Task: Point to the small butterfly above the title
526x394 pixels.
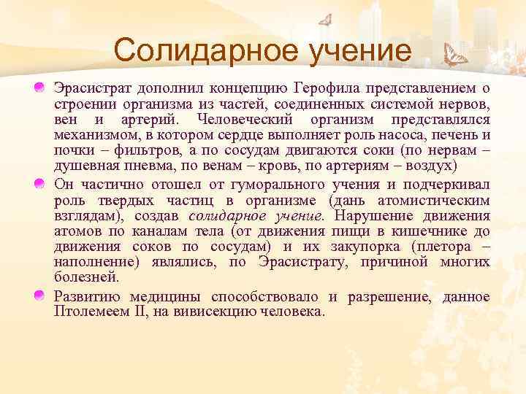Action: tap(325, 19)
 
